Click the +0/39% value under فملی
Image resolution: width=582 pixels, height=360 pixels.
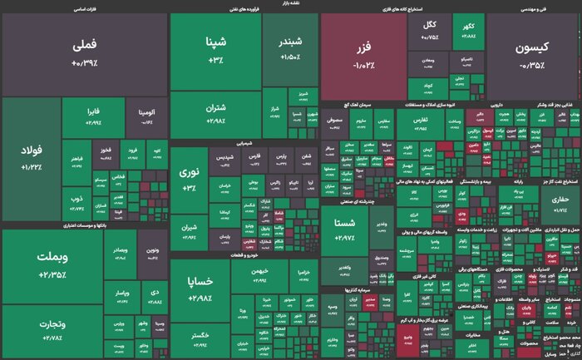coord(84,63)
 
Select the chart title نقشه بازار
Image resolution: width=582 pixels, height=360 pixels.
coord(290,4)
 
